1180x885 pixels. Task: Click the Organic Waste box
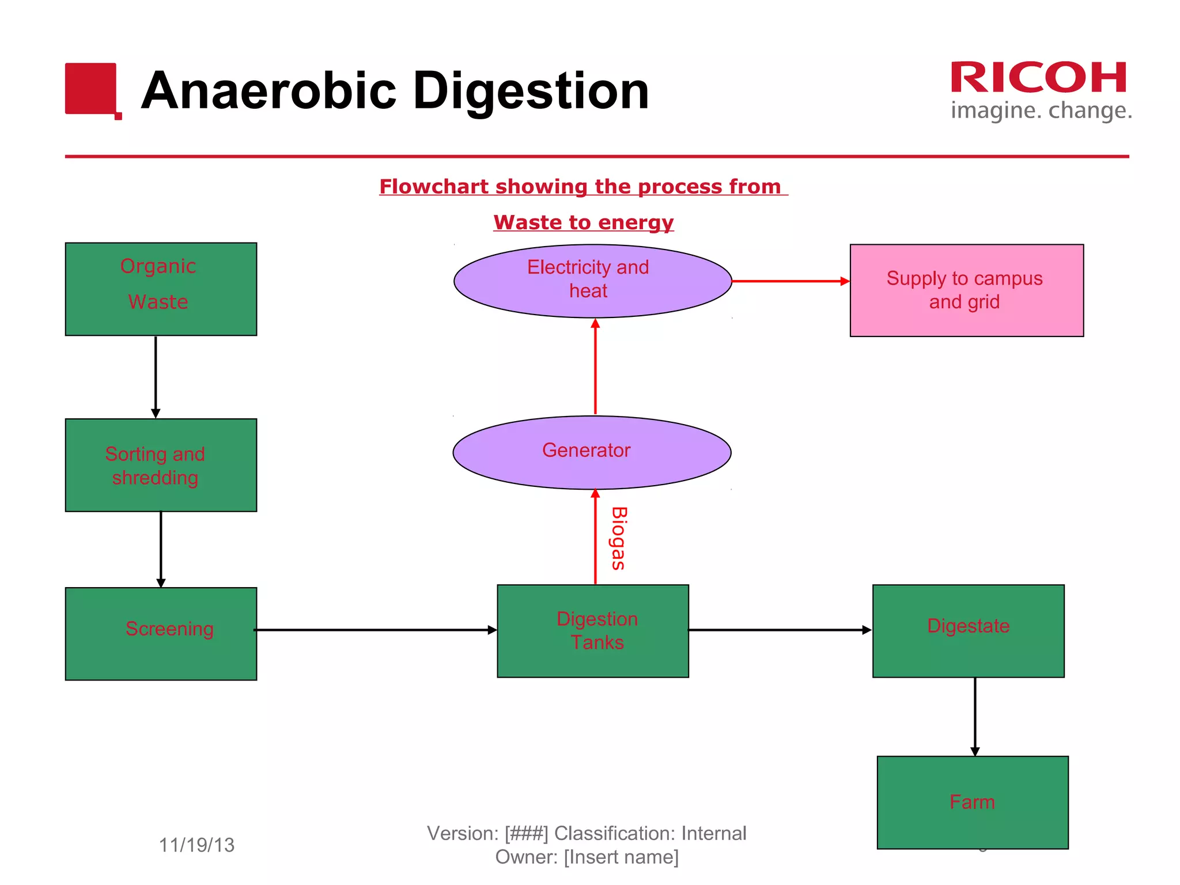(x=161, y=289)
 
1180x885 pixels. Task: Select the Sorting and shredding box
(x=161, y=465)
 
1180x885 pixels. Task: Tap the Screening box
(x=161, y=634)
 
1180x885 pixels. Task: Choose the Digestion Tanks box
(x=593, y=631)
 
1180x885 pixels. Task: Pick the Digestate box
(x=968, y=631)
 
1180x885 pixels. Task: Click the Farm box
(x=973, y=802)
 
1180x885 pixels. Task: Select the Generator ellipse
(x=592, y=452)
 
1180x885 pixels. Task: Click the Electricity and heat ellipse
(x=592, y=281)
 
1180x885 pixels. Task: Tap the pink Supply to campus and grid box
(x=966, y=290)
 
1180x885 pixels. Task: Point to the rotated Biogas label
(x=618, y=538)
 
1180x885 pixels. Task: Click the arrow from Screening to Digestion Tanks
(x=375, y=630)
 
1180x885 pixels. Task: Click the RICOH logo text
(x=1038, y=78)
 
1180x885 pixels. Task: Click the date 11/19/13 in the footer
(x=196, y=845)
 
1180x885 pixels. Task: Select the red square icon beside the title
(x=92, y=89)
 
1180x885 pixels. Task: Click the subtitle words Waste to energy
(x=583, y=222)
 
